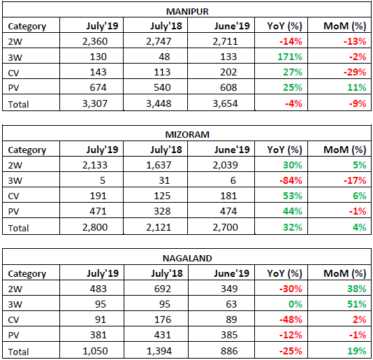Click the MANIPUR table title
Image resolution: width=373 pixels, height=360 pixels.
point(187,11)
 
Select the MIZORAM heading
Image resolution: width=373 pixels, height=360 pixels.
point(187,135)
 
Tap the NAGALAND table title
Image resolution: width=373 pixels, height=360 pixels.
point(187,259)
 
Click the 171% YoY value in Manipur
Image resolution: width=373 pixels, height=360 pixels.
point(290,57)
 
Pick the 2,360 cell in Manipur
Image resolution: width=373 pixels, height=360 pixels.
point(95,41)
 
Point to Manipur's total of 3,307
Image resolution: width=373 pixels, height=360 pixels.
point(95,103)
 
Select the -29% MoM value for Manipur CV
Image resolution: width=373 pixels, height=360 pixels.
point(355,72)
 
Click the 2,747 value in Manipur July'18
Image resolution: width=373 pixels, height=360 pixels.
point(159,41)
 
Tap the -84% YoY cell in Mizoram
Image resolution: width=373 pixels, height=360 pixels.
point(291,180)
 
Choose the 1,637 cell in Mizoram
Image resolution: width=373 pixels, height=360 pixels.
point(159,165)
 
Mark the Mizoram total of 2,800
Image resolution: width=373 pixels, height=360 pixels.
point(95,227)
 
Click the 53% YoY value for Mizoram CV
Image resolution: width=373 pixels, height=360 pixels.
point(293,196)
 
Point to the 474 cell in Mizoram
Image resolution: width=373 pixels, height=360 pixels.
point(228,211)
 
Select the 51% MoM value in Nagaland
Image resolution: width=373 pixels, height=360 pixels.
point(357,304)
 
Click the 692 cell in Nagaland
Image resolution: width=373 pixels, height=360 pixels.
point(162,289)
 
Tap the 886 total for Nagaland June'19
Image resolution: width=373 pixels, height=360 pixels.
point(229,351)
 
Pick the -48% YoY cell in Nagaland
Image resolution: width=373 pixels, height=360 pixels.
point(291,319)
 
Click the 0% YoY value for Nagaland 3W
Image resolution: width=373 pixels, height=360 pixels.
point(295,304)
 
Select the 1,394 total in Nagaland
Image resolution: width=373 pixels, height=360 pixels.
point(159,351)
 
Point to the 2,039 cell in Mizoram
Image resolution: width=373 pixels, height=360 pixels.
point(226,165)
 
